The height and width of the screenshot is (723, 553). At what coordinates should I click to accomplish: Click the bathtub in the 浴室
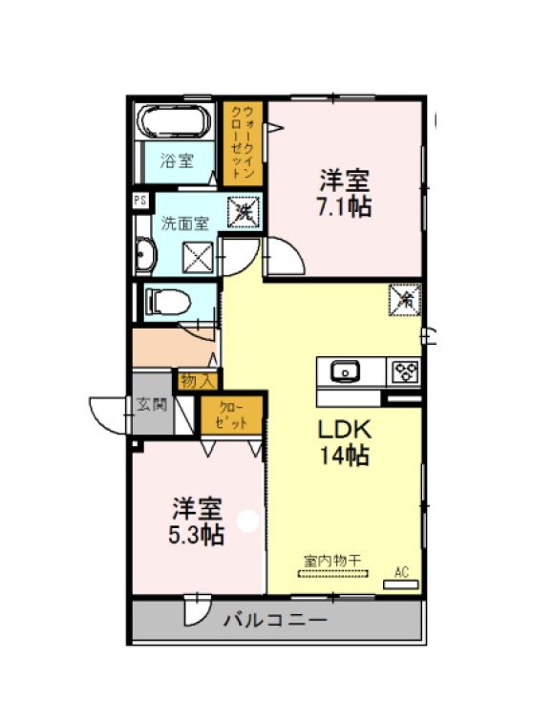tap(176, 120)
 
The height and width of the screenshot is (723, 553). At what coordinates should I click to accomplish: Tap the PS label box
tap(140, 201)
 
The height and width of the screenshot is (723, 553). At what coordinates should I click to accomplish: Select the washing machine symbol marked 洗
tap(244, 212)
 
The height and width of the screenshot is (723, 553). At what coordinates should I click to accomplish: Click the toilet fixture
tap(167, 303)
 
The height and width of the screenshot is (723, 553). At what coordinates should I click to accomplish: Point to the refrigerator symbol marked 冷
tap(405, 300)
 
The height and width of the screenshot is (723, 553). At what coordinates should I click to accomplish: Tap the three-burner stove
tap(406, 372)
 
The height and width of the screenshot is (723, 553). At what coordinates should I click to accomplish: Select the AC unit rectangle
tap(401, 585)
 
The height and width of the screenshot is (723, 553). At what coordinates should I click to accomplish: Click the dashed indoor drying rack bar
tap(333, 574)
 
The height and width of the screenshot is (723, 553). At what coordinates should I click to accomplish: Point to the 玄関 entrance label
tap(151, 405)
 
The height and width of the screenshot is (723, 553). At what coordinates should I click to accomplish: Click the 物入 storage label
tap(199, 381)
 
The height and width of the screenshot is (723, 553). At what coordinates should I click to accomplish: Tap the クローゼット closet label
tap(232, 415)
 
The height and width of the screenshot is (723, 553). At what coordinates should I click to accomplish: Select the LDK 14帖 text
tap(345, 443)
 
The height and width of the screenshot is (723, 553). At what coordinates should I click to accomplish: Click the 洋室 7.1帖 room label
tap(345, 194)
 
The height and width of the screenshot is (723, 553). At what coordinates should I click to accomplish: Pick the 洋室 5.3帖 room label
tap(197, 521)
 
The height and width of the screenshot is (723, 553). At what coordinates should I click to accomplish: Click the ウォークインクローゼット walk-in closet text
tap(243, 142)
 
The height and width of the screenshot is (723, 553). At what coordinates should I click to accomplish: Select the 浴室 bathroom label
tap(177, 160)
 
